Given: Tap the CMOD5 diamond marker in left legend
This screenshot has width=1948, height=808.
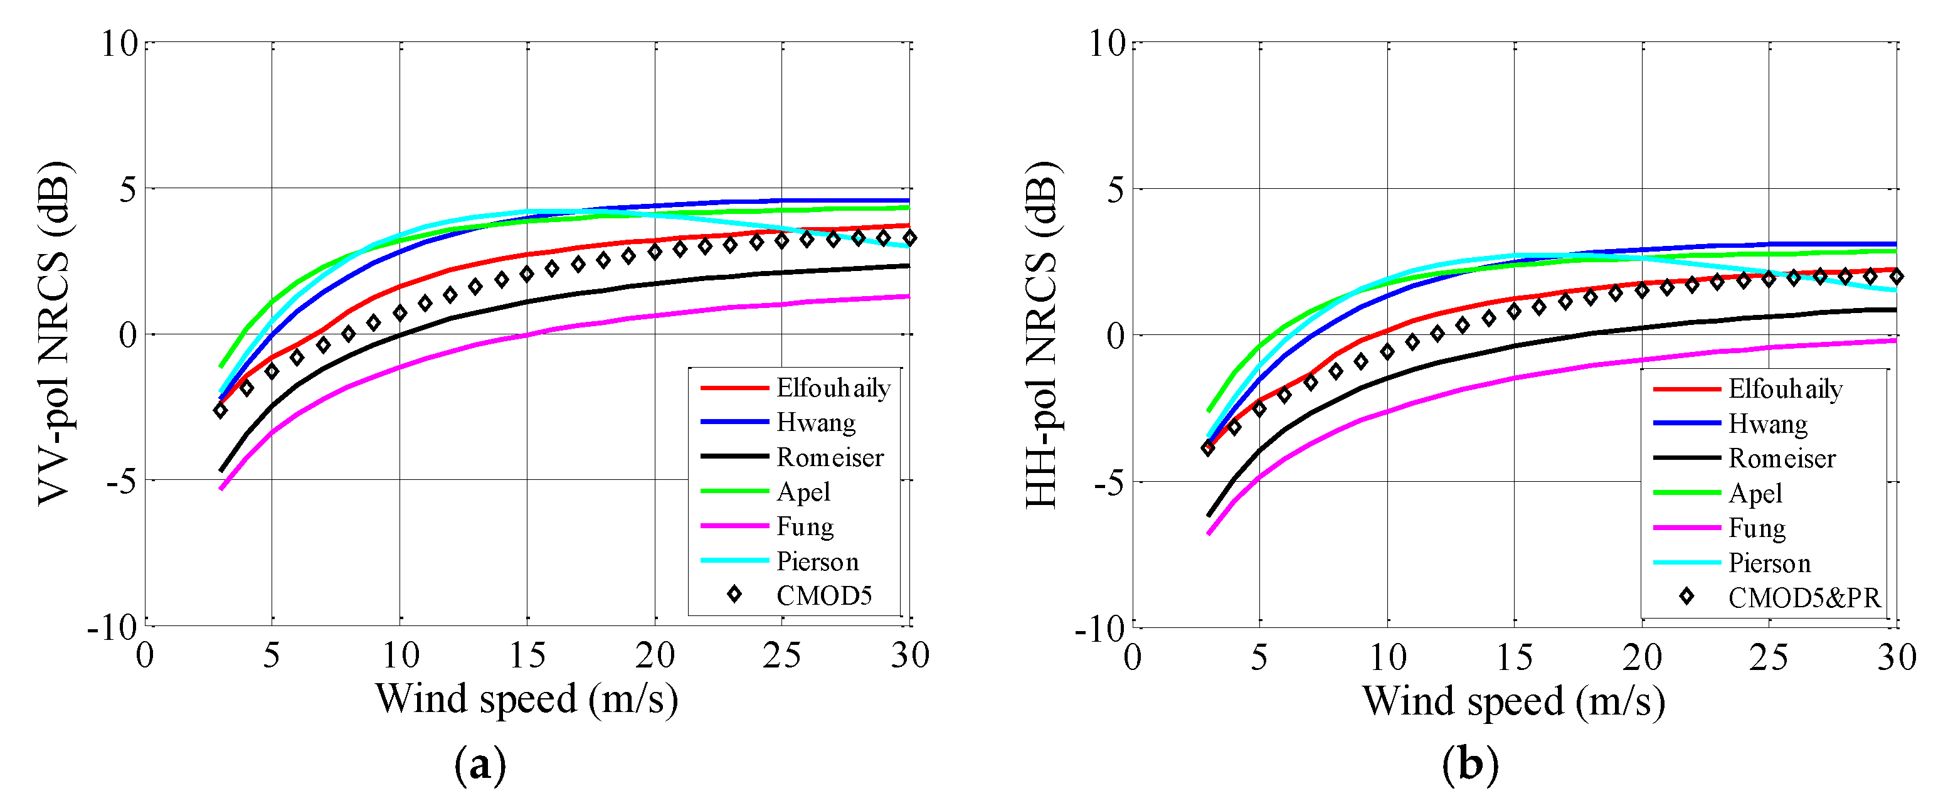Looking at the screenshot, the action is pyautogui.click(x=734, y=595).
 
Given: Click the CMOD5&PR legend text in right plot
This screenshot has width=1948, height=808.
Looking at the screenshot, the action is pyautogui.click(x=1804, y=598).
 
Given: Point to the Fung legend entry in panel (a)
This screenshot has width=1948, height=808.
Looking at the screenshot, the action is pyautogui.click(x=805, y=526).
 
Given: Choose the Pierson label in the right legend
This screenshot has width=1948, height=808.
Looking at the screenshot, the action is pyautogui.click(x=1769, y=563).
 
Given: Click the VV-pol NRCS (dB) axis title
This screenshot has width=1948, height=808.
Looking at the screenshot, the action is pyautogui.click(x=55, y=334).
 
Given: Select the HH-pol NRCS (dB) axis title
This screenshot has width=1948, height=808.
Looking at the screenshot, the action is pyautogui.click(x=1041, y=334).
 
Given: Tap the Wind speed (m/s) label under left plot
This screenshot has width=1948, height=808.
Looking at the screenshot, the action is pyautogui.click(x=526, y=698).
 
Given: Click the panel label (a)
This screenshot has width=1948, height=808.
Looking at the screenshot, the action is pyautogui.click(x=479, y=765).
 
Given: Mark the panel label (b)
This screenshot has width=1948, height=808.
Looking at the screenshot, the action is pyautogui.click(x=1469, y=765).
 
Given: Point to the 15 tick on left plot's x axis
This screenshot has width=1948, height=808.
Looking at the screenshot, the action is pyautogui.click(x=527, y=655).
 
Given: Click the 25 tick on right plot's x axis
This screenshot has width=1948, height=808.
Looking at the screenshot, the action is pyautogui.click(x=1768, y=657).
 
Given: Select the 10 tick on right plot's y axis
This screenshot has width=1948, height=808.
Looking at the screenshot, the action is pyautogui.click(x=1107, y=43).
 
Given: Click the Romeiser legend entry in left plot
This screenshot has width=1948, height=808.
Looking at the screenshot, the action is pyautogui.click(x=830, y=457).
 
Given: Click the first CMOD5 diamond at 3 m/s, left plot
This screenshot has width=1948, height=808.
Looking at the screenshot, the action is pyautogui.click(x=221, y=410).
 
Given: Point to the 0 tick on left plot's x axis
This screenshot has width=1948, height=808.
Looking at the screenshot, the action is pyautogui.click(x=144, y=655).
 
